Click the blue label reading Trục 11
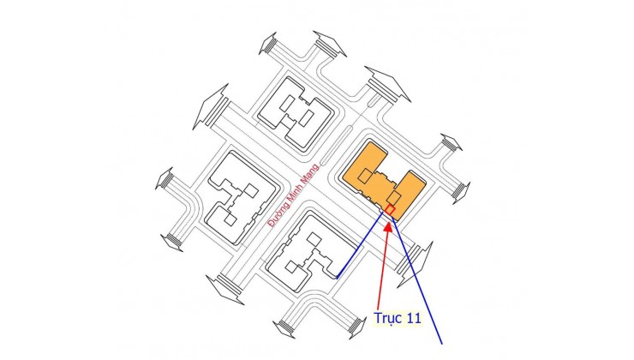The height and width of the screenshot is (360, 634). pos(398,317)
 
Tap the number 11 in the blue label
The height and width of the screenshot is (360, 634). pos(412,317)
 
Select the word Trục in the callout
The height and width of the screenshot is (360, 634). pos(386,318)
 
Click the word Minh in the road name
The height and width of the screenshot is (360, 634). pos(295,194)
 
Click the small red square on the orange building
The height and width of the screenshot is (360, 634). pos(390,210)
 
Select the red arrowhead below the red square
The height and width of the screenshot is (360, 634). pos(388,226)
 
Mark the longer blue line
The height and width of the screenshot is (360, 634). pos(416,279)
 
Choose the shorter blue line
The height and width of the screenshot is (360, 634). pos(360,245)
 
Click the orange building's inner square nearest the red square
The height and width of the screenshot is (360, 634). pos(394,198)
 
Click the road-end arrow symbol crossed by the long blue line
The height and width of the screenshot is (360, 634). pos(415,265)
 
